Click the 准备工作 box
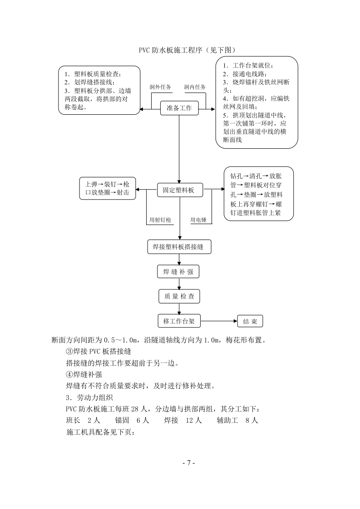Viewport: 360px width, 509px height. tap(179, 108)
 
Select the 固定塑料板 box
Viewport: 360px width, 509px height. tap(179, 190)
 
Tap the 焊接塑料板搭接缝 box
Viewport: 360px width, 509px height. tap(179, 247)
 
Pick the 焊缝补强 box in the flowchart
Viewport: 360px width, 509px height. tap(179, 272)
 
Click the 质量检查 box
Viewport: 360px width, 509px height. tap(179, 297)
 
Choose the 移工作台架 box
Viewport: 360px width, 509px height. tap(179, 321)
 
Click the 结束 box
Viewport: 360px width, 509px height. tap(250, 322)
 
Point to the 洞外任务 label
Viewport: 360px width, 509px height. tap(160, 87)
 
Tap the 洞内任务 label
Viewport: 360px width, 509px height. tap(195, 87)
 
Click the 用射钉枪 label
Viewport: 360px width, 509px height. tap(161, 220)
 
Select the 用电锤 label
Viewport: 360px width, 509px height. tap(198, 220)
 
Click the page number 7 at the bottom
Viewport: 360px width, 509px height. tap(188, 463)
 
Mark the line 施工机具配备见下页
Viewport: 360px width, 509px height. tap(100, 432)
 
